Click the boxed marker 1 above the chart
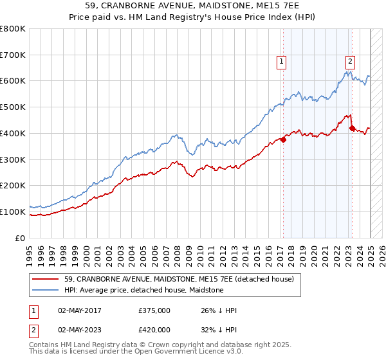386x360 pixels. click(282, 62)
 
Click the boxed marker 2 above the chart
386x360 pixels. click(350, 62)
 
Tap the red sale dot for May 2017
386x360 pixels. click(284, 139)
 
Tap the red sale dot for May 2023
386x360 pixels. click(352, 128)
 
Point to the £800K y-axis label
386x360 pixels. click(13, 29)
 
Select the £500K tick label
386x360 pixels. click(13, 107)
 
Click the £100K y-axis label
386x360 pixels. click(13, 212)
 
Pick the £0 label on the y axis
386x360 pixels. click(21, 238)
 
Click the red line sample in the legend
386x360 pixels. click(46, 279)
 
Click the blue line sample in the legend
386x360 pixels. click(46, 291)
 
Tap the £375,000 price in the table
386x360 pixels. click(154, 310)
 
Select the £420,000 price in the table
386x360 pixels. click(154, 329)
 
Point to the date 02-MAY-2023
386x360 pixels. click(80, 329)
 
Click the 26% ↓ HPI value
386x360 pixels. click(219, 310)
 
